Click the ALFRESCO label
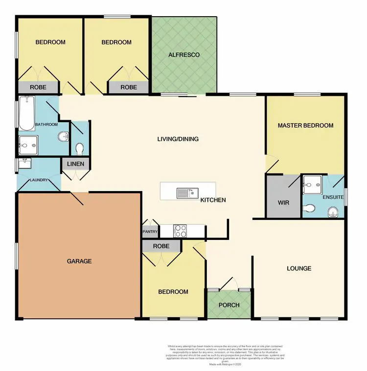(x=183, y=55)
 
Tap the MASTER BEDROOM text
(x=305, y=126)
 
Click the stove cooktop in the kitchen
(x=180, y=230)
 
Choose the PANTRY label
(x=150, y=232)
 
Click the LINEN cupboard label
(x=75, y=164)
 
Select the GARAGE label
(x=79, y=261)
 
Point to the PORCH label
(x=229, y=305)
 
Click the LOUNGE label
(x=298, y=268)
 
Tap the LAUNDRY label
(x=38, y=180)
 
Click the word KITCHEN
(x=213, y=200)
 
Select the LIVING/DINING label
(x=178, y=139)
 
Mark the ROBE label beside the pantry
(x=161, y=246)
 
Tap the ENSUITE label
(x=333, y=197)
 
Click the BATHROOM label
(x=46, y=125)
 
